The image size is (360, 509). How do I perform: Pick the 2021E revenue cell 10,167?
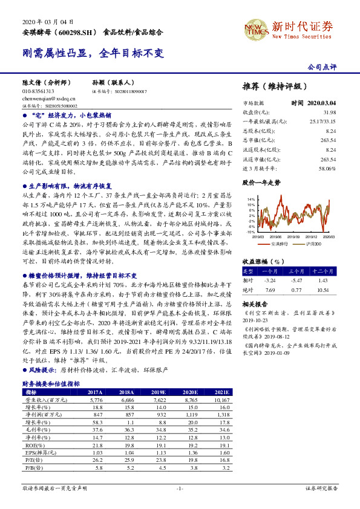[x=222, y=400]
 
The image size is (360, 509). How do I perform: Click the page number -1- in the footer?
[x=180, y=487]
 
